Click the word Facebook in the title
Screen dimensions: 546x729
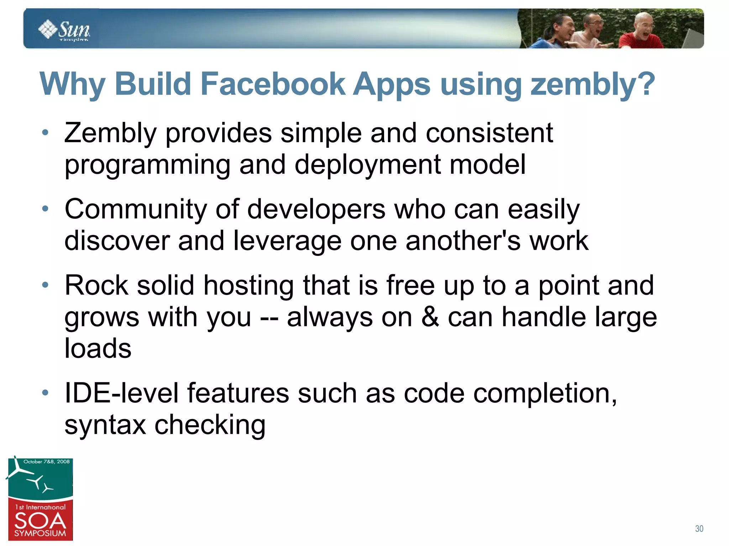273,84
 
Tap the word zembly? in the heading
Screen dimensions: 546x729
593,84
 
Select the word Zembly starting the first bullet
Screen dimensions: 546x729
110,133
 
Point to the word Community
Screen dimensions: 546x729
136,209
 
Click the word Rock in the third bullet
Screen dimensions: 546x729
96,285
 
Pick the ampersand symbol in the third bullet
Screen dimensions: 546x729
430,317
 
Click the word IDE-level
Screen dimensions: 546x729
121,394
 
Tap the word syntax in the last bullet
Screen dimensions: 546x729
105,425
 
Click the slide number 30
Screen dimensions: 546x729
699,529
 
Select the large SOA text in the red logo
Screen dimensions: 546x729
40,521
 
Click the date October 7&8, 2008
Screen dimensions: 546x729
46,462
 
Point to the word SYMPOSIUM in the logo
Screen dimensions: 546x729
40,534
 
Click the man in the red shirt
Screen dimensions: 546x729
641,34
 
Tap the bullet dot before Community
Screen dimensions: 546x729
45,209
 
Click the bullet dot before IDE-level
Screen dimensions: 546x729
45,393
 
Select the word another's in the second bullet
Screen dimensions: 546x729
463,241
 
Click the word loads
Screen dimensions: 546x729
98,348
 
